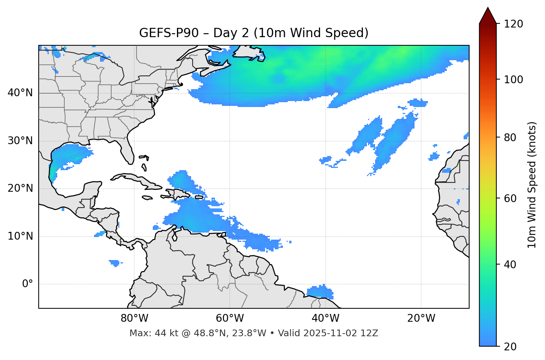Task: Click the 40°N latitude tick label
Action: point(20,93)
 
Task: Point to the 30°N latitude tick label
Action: point(20,141)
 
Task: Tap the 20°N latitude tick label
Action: point(20,188)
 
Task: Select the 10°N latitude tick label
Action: point(20,236)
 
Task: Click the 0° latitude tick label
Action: point(28,284)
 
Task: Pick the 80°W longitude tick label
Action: point(134,318)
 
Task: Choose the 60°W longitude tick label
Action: point(230,318)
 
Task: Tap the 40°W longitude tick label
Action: point(325,318)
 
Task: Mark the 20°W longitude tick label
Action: point(421,318)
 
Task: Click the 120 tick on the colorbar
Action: point(513,24)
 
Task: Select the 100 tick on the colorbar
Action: point(513,80)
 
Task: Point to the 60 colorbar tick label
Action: point(510,198)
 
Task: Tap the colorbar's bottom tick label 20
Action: point(510,347)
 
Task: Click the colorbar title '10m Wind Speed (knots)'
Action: point(532,185)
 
